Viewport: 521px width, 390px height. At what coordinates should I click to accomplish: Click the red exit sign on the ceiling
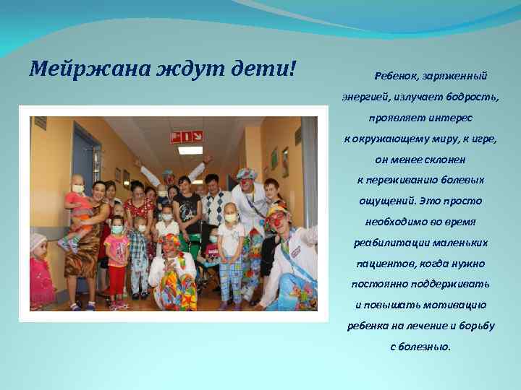coord(186,136)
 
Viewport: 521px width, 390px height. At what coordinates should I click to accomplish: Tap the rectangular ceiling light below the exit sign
coord(190,150)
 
